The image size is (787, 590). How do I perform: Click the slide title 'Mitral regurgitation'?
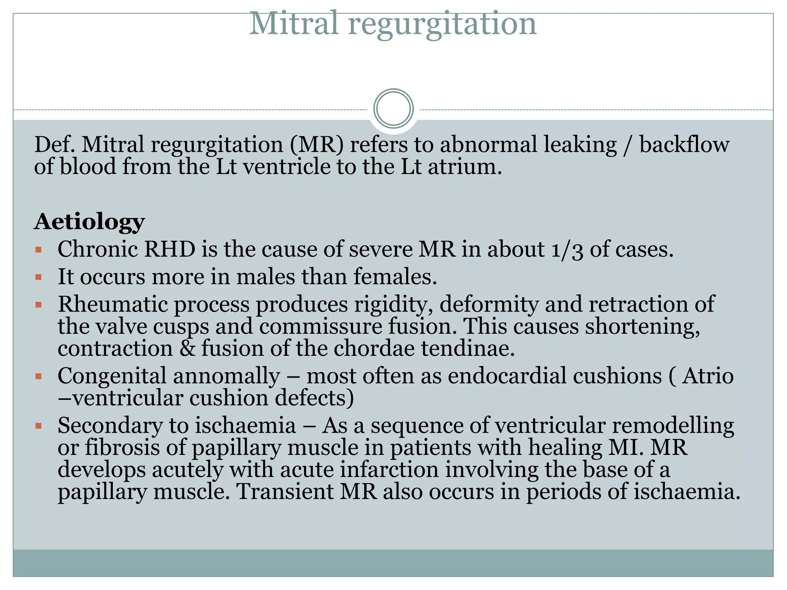[393, 24]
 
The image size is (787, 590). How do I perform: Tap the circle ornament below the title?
[393, 109]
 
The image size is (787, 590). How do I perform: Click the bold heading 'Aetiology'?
[89, 222]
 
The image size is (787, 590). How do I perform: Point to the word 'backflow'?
[684, 145]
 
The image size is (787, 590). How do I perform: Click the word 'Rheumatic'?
[113, 304]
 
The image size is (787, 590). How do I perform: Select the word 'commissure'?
[320, 326]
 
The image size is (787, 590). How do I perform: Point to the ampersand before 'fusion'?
[187, 349]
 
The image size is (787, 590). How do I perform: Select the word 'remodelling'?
[672, 426]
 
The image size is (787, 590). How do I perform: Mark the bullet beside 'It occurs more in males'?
[38, 277]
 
